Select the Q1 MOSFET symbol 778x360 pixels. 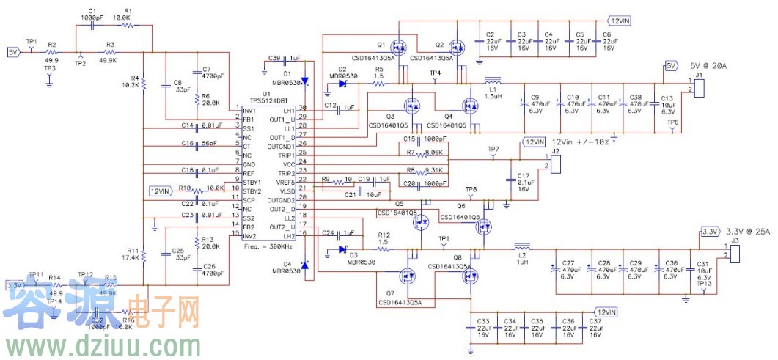398,47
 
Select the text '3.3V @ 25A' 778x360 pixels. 749,232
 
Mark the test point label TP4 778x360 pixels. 436,74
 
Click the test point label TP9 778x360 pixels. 444,239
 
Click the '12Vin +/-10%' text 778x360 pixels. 581,141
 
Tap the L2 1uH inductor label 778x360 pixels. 523,258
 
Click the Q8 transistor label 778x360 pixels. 458,257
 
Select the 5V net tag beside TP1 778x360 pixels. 13,52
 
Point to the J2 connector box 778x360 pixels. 554,162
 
